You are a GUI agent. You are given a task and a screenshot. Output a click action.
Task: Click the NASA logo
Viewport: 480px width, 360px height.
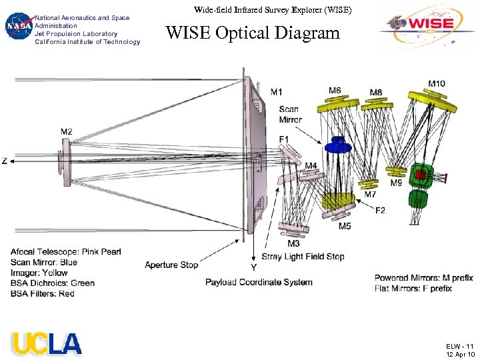tap(19, 27)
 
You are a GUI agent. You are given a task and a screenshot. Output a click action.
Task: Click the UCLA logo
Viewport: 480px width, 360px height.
tap(47, 343)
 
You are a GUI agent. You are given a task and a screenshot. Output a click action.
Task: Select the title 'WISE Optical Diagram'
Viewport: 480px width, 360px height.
tap(253, 33)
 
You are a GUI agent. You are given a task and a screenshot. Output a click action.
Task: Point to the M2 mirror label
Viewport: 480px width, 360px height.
tap(67, 132)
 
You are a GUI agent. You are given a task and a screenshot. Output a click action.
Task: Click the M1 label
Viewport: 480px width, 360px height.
tap(276, 91)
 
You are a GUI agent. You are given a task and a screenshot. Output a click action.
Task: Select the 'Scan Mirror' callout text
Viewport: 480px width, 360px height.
tap(289, 114)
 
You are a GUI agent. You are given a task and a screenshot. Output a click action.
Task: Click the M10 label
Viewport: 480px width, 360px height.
tap(437, 83)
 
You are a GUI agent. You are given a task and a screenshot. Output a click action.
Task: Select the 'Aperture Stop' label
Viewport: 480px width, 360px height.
tap(171, 265)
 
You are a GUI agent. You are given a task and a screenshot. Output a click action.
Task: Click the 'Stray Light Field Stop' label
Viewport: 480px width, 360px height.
tap(303, 257)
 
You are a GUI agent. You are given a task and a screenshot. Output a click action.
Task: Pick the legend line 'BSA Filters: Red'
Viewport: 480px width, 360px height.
tap(43, 293)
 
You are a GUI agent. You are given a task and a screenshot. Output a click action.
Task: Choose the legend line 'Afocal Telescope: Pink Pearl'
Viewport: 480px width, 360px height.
tap(66, 252)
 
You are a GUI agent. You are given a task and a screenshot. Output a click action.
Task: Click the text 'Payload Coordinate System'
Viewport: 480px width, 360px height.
tap(259, 282)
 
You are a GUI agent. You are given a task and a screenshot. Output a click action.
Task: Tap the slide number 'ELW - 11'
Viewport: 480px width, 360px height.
tap(460, 346)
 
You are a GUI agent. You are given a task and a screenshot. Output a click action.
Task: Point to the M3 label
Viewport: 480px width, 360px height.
tap(293, 243)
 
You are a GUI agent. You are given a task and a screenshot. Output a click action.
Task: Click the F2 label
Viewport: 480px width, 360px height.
tap(380, 211)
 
